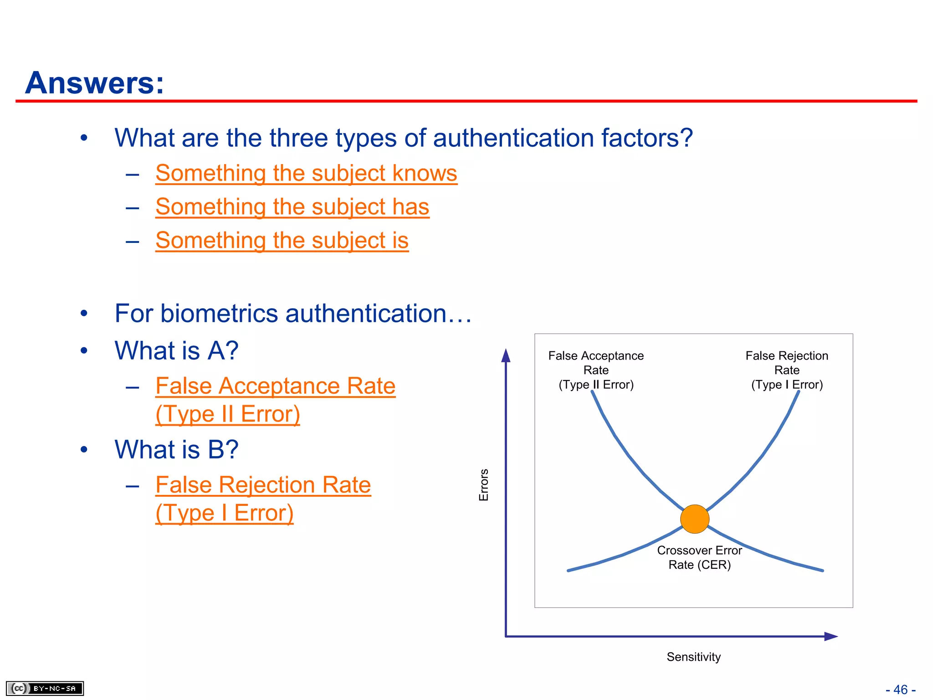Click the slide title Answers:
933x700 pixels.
tap(94, 83)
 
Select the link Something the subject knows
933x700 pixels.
tap(306, 174)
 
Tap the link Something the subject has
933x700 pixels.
tap(292, 207)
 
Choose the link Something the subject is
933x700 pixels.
tap(282, 241)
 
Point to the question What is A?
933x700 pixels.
tap(176, 351)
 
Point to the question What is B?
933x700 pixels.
tap(176, 450)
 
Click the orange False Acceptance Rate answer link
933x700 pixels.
tap(275, 387)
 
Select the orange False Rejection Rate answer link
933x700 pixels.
tap(263, 486)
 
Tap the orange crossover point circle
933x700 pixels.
tap(694, 519)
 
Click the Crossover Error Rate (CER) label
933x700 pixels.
tap(699, 557)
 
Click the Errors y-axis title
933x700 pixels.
tap(484, 485)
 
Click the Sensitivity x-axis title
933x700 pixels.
tap(693, 657)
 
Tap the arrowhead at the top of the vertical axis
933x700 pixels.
tap(506, 356)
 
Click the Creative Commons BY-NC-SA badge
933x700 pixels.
tap(45, 688)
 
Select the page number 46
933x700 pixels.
tap(901, 690)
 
